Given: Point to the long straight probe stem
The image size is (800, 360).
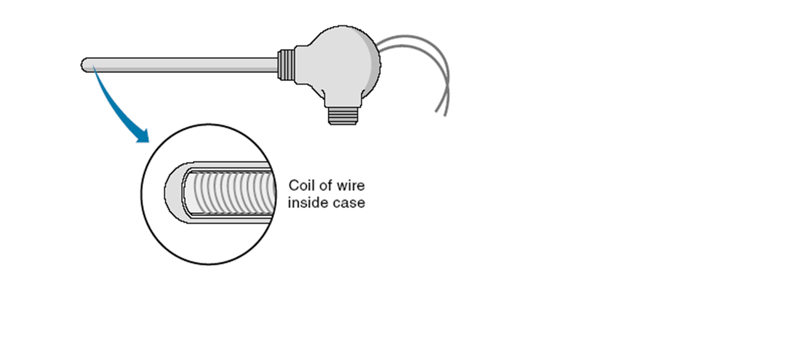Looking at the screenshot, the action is pyautogui.click(x=182, y=65).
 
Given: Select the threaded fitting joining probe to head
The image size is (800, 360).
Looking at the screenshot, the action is pyautogui.click(x=286, y=64).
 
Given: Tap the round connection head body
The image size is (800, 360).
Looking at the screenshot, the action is pyautogui.click(x=336, y=63).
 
